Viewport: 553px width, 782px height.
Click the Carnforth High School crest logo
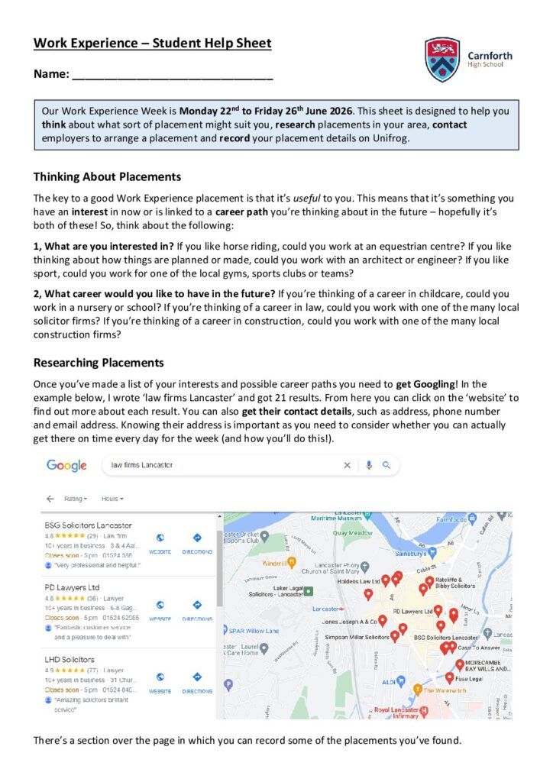coord(442,60)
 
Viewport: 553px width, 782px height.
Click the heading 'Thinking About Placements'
coord(107,177)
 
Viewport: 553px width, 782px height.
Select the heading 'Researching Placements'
coord(99,363)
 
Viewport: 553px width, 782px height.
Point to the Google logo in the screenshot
coord(66,465)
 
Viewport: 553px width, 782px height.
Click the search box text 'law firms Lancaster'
coord(142,465)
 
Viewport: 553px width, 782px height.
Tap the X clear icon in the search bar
coord(347,465)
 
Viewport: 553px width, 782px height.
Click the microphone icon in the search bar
coord(368,465)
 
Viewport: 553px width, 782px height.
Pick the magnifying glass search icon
coord(386,465)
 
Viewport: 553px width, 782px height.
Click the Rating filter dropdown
coord(76,499)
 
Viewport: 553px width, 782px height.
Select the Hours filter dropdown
coord(112,499)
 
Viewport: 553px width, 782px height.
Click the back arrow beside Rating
coord(50,499)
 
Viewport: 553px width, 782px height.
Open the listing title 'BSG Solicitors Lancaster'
coord(88,525)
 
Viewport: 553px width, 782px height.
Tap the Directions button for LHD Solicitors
coord(197,680)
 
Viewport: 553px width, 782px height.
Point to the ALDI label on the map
coord(388,681)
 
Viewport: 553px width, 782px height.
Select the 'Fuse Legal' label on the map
coord(467,678)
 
